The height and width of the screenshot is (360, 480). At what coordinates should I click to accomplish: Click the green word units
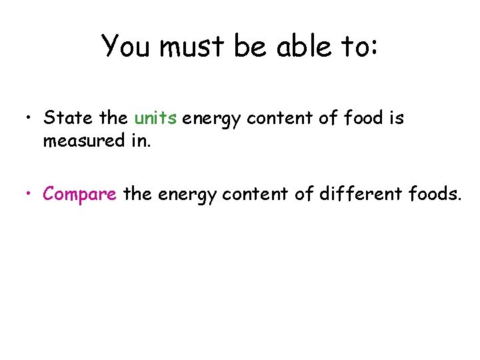click(155, 119)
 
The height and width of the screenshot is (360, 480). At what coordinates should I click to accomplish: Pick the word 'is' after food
click(397, 119)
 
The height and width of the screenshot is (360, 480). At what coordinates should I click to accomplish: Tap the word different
click(369, 194)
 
